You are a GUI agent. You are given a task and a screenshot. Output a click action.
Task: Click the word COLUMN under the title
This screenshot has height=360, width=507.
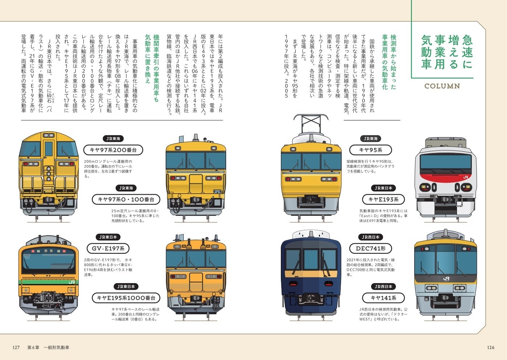click(x=442, y=86)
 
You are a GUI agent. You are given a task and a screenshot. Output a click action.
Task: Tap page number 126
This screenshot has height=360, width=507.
click(x=490, y=347)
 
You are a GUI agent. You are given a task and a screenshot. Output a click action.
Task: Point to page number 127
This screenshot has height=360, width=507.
click(x=16, y=347)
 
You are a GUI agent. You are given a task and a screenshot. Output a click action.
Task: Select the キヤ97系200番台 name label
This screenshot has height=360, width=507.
click(x=113, y=150)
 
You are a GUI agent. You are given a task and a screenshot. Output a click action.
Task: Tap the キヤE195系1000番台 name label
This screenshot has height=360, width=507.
click(x=126, y=298)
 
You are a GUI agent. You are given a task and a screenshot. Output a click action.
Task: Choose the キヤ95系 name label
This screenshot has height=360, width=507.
click(x=370, y=150)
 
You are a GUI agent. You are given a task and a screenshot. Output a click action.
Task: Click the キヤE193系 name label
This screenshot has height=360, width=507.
click(x=383, y=199)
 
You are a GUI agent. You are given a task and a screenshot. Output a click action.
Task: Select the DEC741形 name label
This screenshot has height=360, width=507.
click(x=370, y=248)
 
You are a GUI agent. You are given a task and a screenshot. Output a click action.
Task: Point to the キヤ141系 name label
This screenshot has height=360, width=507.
click(x=383, y=298)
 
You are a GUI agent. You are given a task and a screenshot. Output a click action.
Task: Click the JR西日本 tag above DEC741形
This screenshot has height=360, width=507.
click(x=370, y=237)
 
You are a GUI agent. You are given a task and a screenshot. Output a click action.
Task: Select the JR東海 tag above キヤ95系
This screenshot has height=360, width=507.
click(x=370, y=138)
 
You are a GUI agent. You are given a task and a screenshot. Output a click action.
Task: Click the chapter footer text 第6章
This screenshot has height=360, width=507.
click(x=33, y=347)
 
